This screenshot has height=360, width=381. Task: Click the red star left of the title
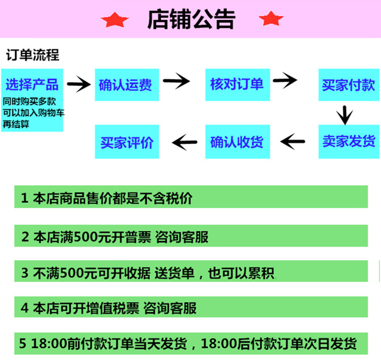115,20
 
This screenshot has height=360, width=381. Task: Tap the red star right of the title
271,18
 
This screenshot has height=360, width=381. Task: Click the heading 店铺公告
191,19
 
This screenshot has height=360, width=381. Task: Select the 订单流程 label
33,55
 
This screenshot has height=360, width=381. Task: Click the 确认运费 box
127,84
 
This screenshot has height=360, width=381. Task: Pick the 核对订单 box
237,84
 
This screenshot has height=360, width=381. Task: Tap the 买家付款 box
348,84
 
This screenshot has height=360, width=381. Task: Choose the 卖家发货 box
348,141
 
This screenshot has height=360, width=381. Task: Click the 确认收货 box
237,141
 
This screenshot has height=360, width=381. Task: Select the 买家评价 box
127,141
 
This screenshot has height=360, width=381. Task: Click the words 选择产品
32,84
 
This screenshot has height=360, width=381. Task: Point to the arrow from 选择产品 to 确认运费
79,84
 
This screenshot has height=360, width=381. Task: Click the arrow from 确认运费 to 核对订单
176,81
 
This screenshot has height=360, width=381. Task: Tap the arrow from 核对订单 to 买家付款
285,80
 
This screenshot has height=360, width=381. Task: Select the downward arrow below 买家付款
344,115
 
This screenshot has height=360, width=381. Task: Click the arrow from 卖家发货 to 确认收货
293,141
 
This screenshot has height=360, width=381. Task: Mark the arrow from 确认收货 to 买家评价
184,142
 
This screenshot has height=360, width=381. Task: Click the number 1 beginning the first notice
24,198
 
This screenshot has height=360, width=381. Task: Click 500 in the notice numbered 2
84,236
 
